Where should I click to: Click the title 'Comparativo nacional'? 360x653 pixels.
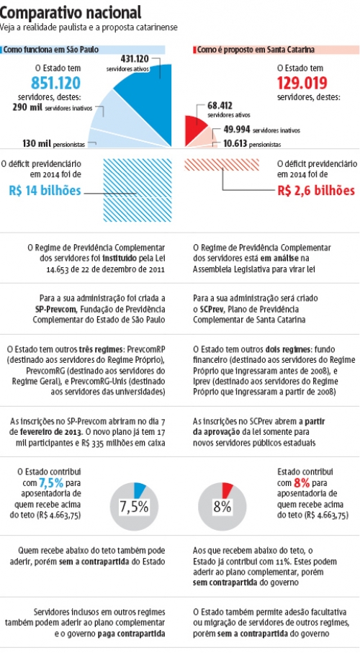click(x=71, y=13)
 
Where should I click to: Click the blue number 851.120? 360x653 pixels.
click(x=55, y=84)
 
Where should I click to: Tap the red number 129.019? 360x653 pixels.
click(x=302, y=84)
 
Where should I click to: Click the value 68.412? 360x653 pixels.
click(x=220, y=105)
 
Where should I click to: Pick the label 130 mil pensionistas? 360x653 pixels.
click(x=54, y=144)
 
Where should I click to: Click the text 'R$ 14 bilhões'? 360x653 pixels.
click(x=45, y=191)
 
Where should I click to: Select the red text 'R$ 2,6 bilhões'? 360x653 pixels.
click(x=316, y=191)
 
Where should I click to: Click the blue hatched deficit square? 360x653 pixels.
click(x=137, y=191)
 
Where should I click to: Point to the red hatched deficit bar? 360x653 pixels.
click(x=222, y=164)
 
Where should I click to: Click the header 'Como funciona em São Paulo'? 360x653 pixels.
click(x=51, y=50)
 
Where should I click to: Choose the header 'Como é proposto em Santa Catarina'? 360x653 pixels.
click(x=256, y=50)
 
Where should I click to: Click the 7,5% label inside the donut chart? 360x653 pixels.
click(x=134, y=507)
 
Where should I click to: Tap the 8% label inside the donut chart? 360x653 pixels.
click(x=222, y=507)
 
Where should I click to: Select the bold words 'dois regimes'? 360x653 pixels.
click(x=287, y=349)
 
